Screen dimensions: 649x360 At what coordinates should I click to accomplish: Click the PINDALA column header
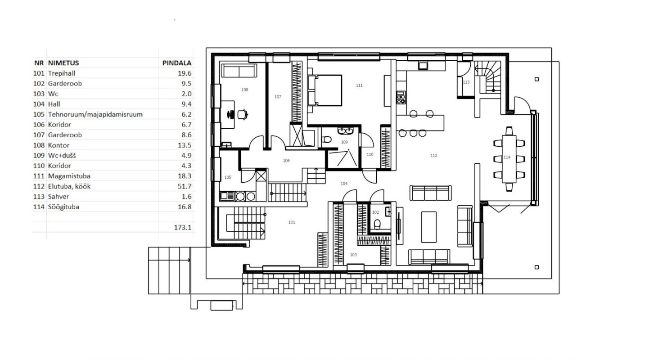tap(177, 63)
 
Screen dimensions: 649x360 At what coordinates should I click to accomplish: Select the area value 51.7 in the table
tap(184, 186)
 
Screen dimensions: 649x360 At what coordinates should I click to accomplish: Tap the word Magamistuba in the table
tap(69, 176)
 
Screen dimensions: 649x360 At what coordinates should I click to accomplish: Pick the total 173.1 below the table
tap(183, 227)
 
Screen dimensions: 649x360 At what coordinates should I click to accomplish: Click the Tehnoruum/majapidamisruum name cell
tap(95, 114)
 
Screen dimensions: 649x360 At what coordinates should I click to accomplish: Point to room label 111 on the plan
tap(359, 85)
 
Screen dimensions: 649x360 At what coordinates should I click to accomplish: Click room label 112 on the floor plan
tap(434, 156)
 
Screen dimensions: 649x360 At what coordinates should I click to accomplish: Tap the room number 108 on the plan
tap(245, 90)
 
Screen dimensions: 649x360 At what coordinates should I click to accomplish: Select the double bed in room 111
tap(325, 90)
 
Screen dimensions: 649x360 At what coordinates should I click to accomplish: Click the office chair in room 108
tap(243, 115)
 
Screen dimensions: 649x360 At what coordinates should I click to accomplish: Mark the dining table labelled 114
tap(509, 159)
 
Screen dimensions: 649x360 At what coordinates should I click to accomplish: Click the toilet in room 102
tap(377, 224)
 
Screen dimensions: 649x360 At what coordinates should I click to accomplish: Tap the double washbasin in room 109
tap(345, 130)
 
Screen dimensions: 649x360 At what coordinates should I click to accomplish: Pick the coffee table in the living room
tap(429, 227)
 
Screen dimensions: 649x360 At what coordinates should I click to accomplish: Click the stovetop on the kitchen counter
tap(401, 98)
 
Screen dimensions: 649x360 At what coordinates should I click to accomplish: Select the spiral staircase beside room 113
tap(487, 77)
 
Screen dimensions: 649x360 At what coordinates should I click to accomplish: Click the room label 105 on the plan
tap(228, 177)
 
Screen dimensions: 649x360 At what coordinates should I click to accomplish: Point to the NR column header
tap(39, 63)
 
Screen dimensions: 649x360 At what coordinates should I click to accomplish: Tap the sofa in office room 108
tap(239, 70)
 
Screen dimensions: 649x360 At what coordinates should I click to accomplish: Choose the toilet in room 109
tap(327, 139)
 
